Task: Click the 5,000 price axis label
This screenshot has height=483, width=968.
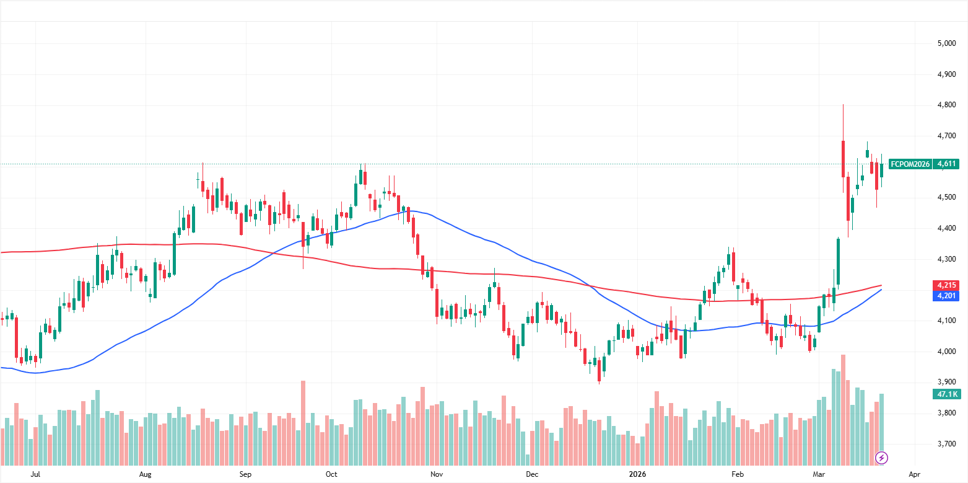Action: pos(945,43)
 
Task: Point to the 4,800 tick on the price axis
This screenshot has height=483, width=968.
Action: pos(945,105)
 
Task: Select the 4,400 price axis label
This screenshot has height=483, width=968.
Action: pos(945,229)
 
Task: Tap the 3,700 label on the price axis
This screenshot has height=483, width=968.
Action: pos(945,444)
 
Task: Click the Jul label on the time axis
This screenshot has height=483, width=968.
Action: pos(35,474)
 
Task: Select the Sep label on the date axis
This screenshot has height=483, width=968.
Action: pos(245,474)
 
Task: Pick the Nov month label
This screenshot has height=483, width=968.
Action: pos(437,474)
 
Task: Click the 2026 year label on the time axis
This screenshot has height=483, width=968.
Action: pos(637,474)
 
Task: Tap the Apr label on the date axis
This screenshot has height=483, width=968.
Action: pos(914,474)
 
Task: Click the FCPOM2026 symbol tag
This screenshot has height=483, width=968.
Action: pos(910,164)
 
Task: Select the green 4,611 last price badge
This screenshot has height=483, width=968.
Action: pos(946,164)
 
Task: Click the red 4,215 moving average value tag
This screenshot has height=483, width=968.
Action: pos(945,285)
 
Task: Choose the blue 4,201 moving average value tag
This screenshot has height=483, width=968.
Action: pos(945,296)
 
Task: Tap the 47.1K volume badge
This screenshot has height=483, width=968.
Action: pos(945,394)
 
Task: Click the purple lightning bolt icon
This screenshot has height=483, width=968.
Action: pos(881,458)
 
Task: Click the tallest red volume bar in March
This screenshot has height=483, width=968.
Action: pos(843,409)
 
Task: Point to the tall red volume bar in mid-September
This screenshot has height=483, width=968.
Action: pos(303,422)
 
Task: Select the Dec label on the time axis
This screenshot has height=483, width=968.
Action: pos(531,474)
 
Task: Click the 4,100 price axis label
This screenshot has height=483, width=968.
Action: pos(945,321)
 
